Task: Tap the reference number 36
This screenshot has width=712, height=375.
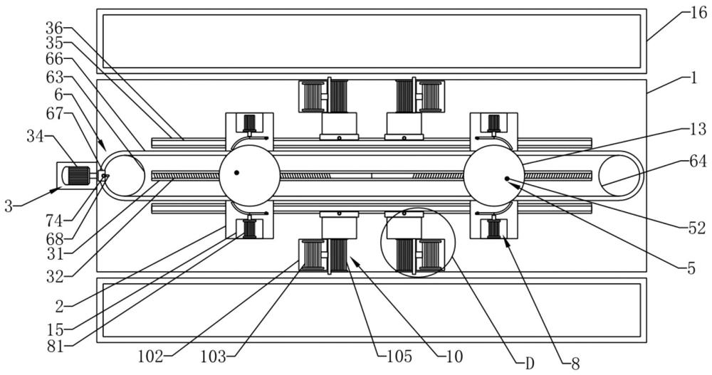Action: (x=53, y=28)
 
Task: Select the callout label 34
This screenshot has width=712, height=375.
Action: (x=36, y=135)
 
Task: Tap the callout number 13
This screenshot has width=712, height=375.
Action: (x=698, y=129)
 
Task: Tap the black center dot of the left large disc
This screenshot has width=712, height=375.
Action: (x=237, y=172)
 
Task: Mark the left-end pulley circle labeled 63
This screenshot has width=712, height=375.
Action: (x=125, y=174)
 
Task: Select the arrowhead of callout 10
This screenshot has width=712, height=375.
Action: (x=350, y=260)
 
